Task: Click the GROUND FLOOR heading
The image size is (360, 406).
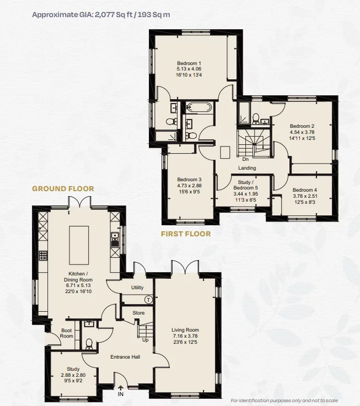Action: point(63,188)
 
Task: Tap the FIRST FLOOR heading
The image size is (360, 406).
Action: point(185,234)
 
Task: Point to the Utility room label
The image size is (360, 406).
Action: point(137,288)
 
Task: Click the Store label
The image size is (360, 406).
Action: point(138,313)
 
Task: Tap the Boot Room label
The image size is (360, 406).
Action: point(67,333)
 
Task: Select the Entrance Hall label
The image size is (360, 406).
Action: point(125,357)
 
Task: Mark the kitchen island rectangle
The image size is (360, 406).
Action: point(78,242)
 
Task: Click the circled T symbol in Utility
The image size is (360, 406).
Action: point(148,299)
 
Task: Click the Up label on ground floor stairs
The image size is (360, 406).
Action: point(145,340)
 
